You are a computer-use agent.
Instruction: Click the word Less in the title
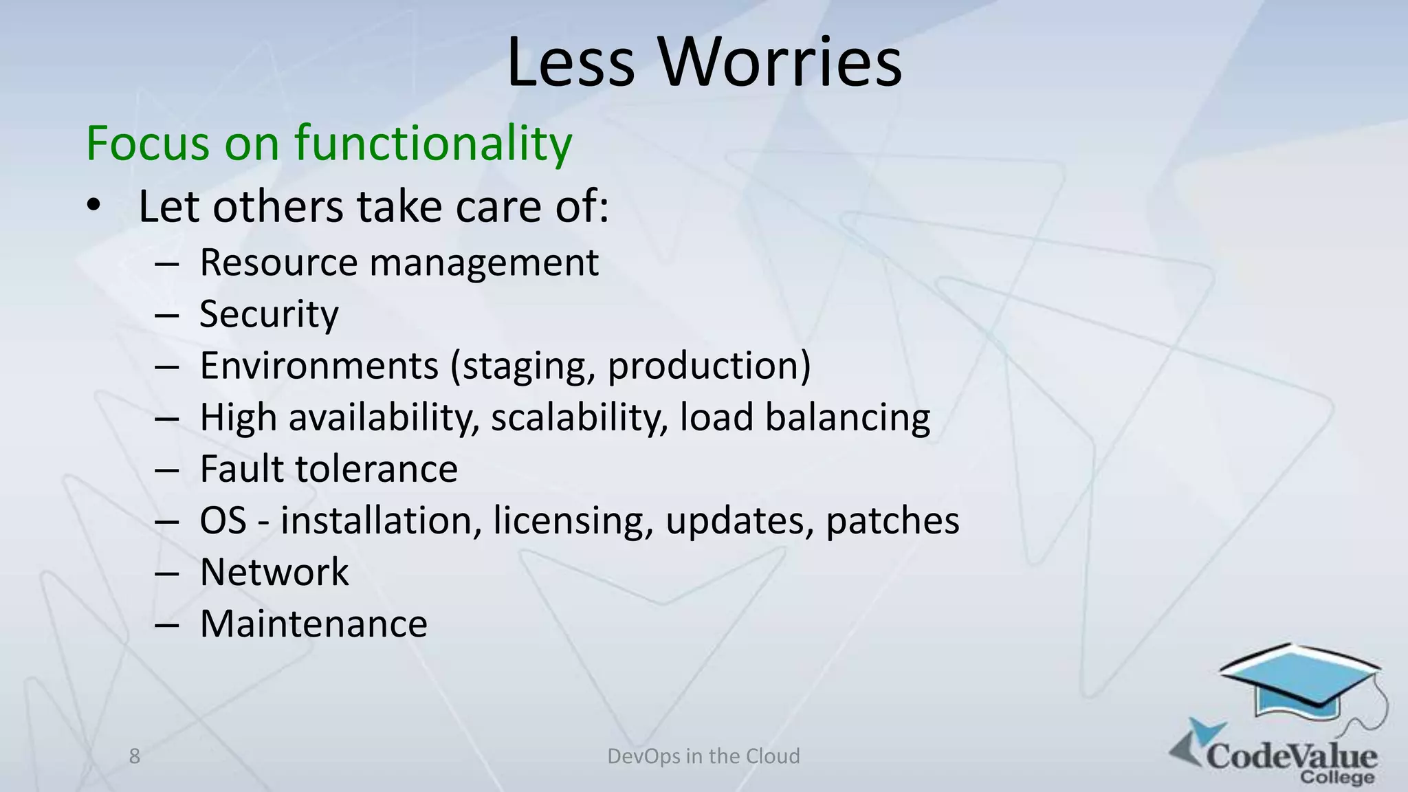(x=571, y=63)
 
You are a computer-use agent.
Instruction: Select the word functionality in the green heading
(x=433, y=143)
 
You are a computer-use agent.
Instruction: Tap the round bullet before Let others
(x=94, y=206)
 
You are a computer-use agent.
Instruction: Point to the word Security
(x=269, y=314)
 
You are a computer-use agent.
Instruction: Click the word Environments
(x=319, y=366)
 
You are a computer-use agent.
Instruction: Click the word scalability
(x=579, y=417)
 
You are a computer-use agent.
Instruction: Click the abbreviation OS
(x=223, y=520)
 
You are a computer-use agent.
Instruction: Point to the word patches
(x=892, y=520)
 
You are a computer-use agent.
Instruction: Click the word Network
(x=274, y=572)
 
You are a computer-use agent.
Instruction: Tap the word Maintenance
(x=313, y=624)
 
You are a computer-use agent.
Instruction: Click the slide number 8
(x=135, y=756)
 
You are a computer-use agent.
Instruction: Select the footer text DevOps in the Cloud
(x=703, y=756)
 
